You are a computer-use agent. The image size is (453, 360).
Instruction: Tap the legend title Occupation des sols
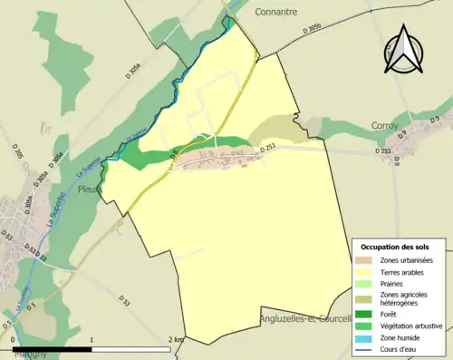coord(397,247)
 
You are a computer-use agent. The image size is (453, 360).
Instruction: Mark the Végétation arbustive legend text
coord(412,326)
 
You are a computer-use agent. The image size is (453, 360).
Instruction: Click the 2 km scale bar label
coord(176,339)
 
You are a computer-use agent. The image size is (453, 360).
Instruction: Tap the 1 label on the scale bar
coord(92,339)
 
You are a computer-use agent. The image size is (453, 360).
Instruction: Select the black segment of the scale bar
coord(53,349)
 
